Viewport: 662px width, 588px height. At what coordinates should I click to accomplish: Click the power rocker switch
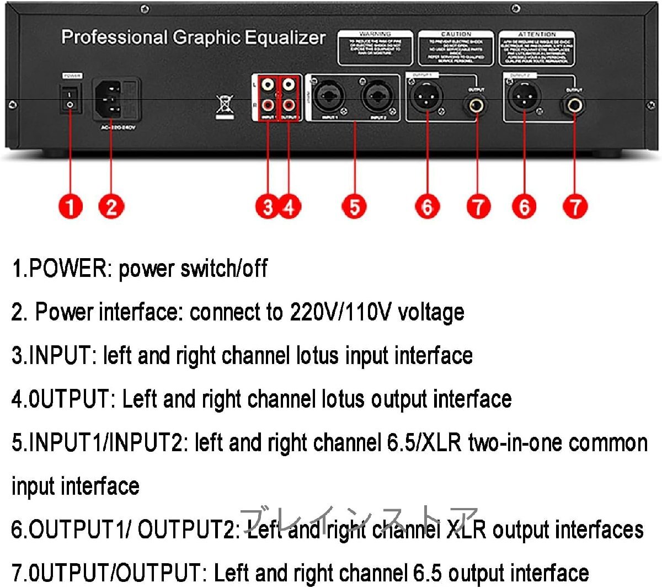point(70,99)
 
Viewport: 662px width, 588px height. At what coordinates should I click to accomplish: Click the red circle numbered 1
point(71,207)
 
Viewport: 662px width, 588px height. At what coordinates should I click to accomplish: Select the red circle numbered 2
point(111,207)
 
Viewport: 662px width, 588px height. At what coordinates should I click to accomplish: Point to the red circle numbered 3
point(268,207)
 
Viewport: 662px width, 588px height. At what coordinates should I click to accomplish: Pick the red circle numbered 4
point(289,207)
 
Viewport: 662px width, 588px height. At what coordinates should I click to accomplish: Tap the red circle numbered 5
point(354,207)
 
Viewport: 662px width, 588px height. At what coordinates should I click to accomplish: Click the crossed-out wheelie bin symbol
point(224,106)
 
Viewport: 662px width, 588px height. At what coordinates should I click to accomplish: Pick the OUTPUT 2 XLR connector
point(524,98)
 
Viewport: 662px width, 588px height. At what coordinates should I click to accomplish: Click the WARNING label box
point(375,49)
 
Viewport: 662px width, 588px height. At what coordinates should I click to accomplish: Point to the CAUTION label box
point(456,49)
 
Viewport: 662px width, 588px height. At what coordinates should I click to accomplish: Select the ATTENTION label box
point(536,49)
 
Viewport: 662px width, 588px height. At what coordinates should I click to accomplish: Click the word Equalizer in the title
point(285,38)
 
